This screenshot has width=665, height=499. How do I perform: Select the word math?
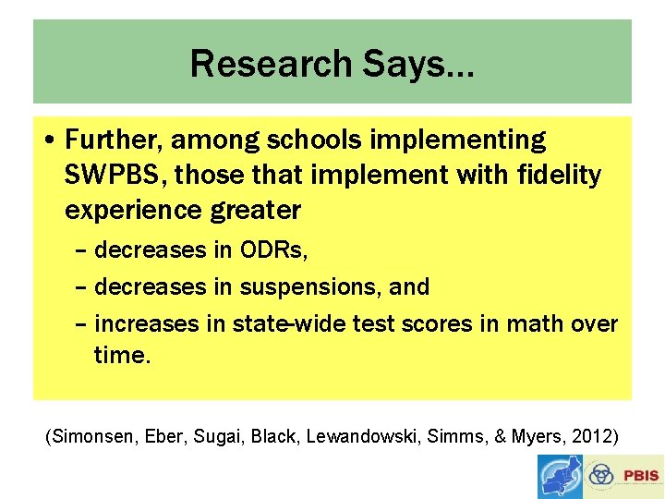click(x=543, y=323)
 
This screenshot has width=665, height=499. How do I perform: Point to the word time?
click(x=120, y=356)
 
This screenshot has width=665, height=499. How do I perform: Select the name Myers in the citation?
click(x=538, y=436)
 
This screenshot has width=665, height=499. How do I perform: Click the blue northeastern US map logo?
click(x=560, y=476)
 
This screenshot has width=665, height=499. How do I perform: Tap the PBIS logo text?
click(x=641, y=476)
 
